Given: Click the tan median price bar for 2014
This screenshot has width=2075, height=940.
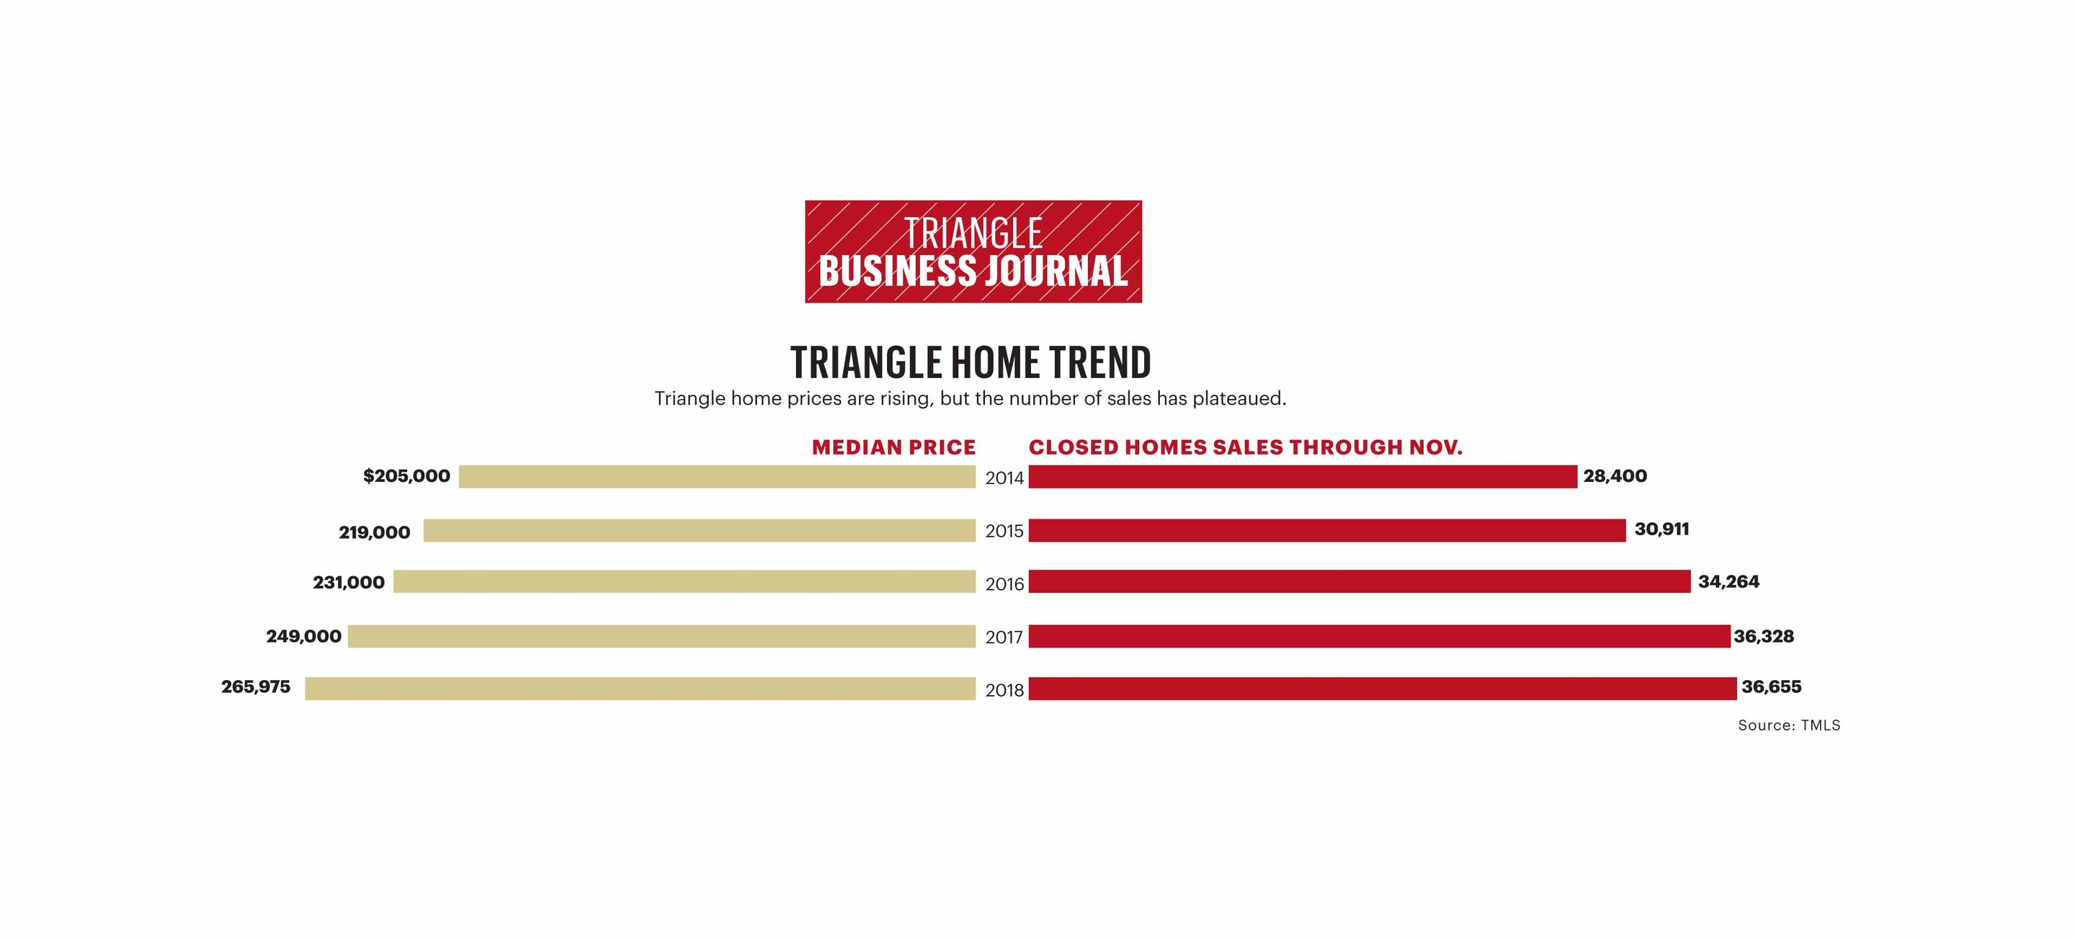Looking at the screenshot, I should point(717,476).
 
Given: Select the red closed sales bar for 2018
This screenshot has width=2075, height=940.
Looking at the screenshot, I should point(1383,688).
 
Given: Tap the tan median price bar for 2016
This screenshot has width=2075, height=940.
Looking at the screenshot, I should point(684,581).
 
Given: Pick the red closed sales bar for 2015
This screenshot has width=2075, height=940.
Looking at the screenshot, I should point(1326,530).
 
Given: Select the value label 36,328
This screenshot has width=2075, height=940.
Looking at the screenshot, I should point(1763,636).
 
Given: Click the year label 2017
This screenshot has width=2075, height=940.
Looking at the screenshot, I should point(1004,637).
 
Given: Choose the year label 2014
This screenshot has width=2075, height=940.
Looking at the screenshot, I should point(1004,478).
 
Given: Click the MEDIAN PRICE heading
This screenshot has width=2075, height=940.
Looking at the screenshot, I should point(893,448).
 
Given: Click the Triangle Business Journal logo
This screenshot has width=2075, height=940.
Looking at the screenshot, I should point(973,251).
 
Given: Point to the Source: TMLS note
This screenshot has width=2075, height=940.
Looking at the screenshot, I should point(1788,725).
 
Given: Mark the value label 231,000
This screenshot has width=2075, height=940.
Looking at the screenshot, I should point(348,582).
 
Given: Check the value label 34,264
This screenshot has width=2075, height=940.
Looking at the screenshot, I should point(1728,581).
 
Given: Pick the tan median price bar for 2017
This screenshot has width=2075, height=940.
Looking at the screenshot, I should point(661,636).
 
